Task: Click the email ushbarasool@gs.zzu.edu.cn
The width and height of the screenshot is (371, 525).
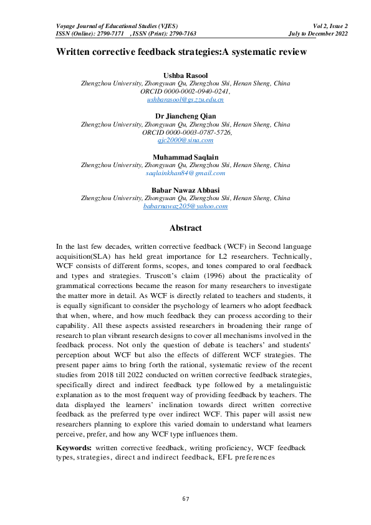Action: click(x=185, y=99)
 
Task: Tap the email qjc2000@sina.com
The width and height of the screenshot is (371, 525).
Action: click(x=185, y=140)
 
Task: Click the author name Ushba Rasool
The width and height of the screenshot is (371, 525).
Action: click(x=185, y=75)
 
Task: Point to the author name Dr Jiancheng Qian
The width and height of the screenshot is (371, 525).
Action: click(x=185, y=116)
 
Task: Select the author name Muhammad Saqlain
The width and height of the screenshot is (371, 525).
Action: click(x=185, y=157)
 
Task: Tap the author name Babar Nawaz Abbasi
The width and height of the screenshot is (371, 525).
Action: click(x=185, y=189)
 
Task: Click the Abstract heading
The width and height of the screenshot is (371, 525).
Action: click(x=185, y=228)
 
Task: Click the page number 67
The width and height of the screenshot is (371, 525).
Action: click(x=186, y=499)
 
